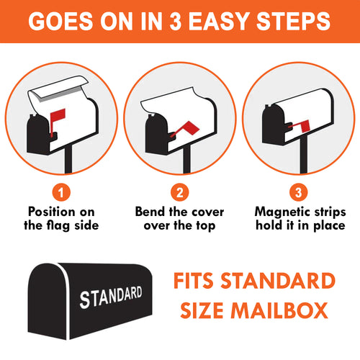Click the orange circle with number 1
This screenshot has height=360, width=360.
(61, 192)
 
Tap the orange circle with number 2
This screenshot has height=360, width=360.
(180, 192)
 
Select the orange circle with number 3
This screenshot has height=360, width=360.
(298, 192)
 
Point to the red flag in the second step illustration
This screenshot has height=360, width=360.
(189, 128)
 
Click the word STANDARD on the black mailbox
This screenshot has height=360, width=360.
(111, 297)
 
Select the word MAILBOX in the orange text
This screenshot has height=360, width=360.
(279, 310)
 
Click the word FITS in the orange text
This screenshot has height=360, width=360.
(194, 280)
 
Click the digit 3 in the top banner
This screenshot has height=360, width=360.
(176, 21)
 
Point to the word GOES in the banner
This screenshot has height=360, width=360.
(60, 21)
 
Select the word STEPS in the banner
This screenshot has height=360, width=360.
(294, 21)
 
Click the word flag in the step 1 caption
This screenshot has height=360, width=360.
(57, 225)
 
